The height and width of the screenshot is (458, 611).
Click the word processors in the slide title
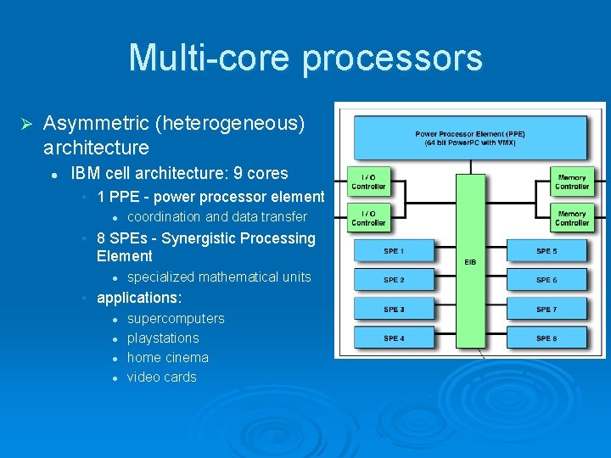click(391, 59)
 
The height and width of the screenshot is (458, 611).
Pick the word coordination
click(165, 217)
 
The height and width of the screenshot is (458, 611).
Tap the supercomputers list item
click(176, 319)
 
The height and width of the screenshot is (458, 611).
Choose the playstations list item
click(163, 338)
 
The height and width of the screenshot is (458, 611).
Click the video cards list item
click(161, 377)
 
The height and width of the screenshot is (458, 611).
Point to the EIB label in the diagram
click(470, 262)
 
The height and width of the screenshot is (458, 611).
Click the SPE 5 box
click(547, 252)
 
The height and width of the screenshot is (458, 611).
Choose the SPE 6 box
click(547, 281)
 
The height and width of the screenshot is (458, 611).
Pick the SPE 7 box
click(547, 310)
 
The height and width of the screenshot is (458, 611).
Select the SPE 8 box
click(547, 339)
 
